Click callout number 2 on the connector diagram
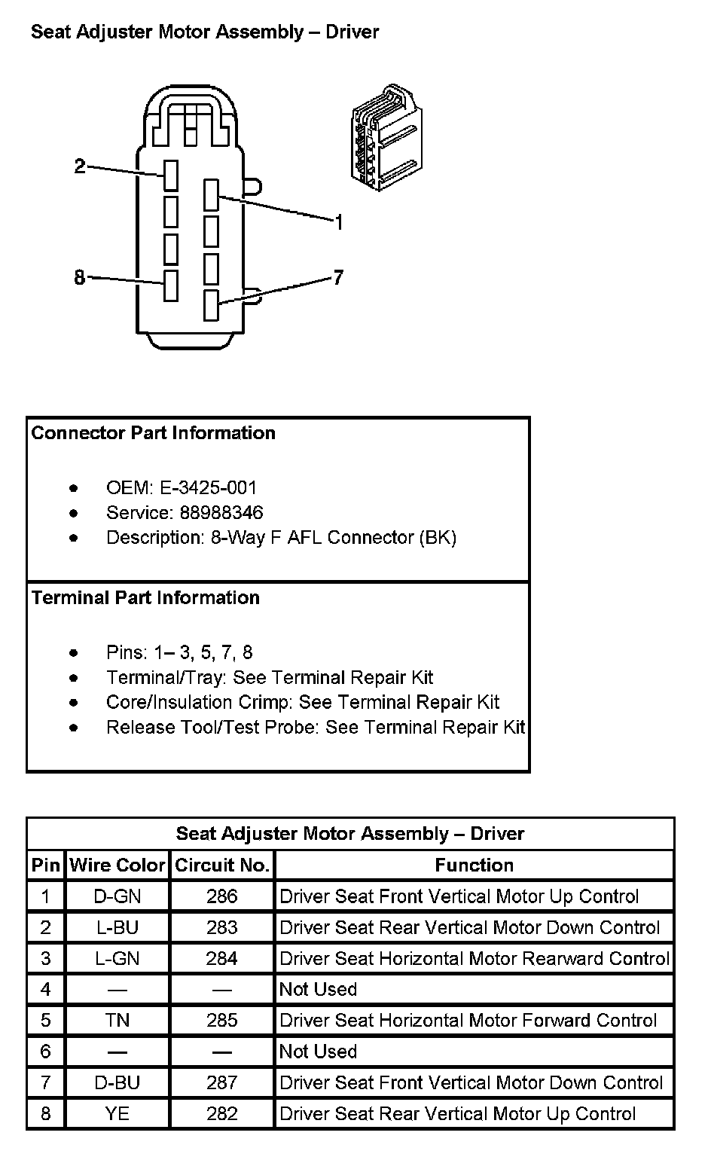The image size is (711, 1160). pyautogui.click(x=81, y=166)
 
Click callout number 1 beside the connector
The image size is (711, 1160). pyautogui.click(x=339, y=222)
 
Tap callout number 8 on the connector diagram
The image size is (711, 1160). pyautogui.click(x=81, y=278)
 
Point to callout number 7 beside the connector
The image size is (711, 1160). pyautogui.click(x=338, y=278)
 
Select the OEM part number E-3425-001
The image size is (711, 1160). pyautogui.click(x=209, y=487)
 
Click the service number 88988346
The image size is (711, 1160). pyautogui.click(x=221, y=513)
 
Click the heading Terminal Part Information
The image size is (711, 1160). pyautogui.click(x=145, y=598)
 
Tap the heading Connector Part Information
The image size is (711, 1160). pyautogui.click(x=154, y=433)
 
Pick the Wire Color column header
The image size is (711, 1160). pyautogui.click(x=117, y=865)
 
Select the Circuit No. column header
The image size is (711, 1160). pyautogui.click(x=222, y=865)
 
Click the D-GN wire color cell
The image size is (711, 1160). pyautogui.click(x=117, y=896)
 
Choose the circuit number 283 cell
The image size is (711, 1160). pyautogui.click(x=222, y=927)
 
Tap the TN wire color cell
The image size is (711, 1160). pyautogui.click(x=117, y=1021)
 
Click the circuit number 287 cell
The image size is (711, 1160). pyautogui.click(x=222, y=1082)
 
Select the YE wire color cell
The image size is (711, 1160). pyautogui.click(x=117, y=1113)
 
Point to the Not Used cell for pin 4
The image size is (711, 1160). pyautogui.click(x=319, y=989)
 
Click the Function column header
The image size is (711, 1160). pyautogui.click(x=475, y=865)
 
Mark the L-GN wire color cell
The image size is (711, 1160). pyautogui.click(x=117, y=958)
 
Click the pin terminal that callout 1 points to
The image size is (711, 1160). pyautogui.click(x=211, y=194)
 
